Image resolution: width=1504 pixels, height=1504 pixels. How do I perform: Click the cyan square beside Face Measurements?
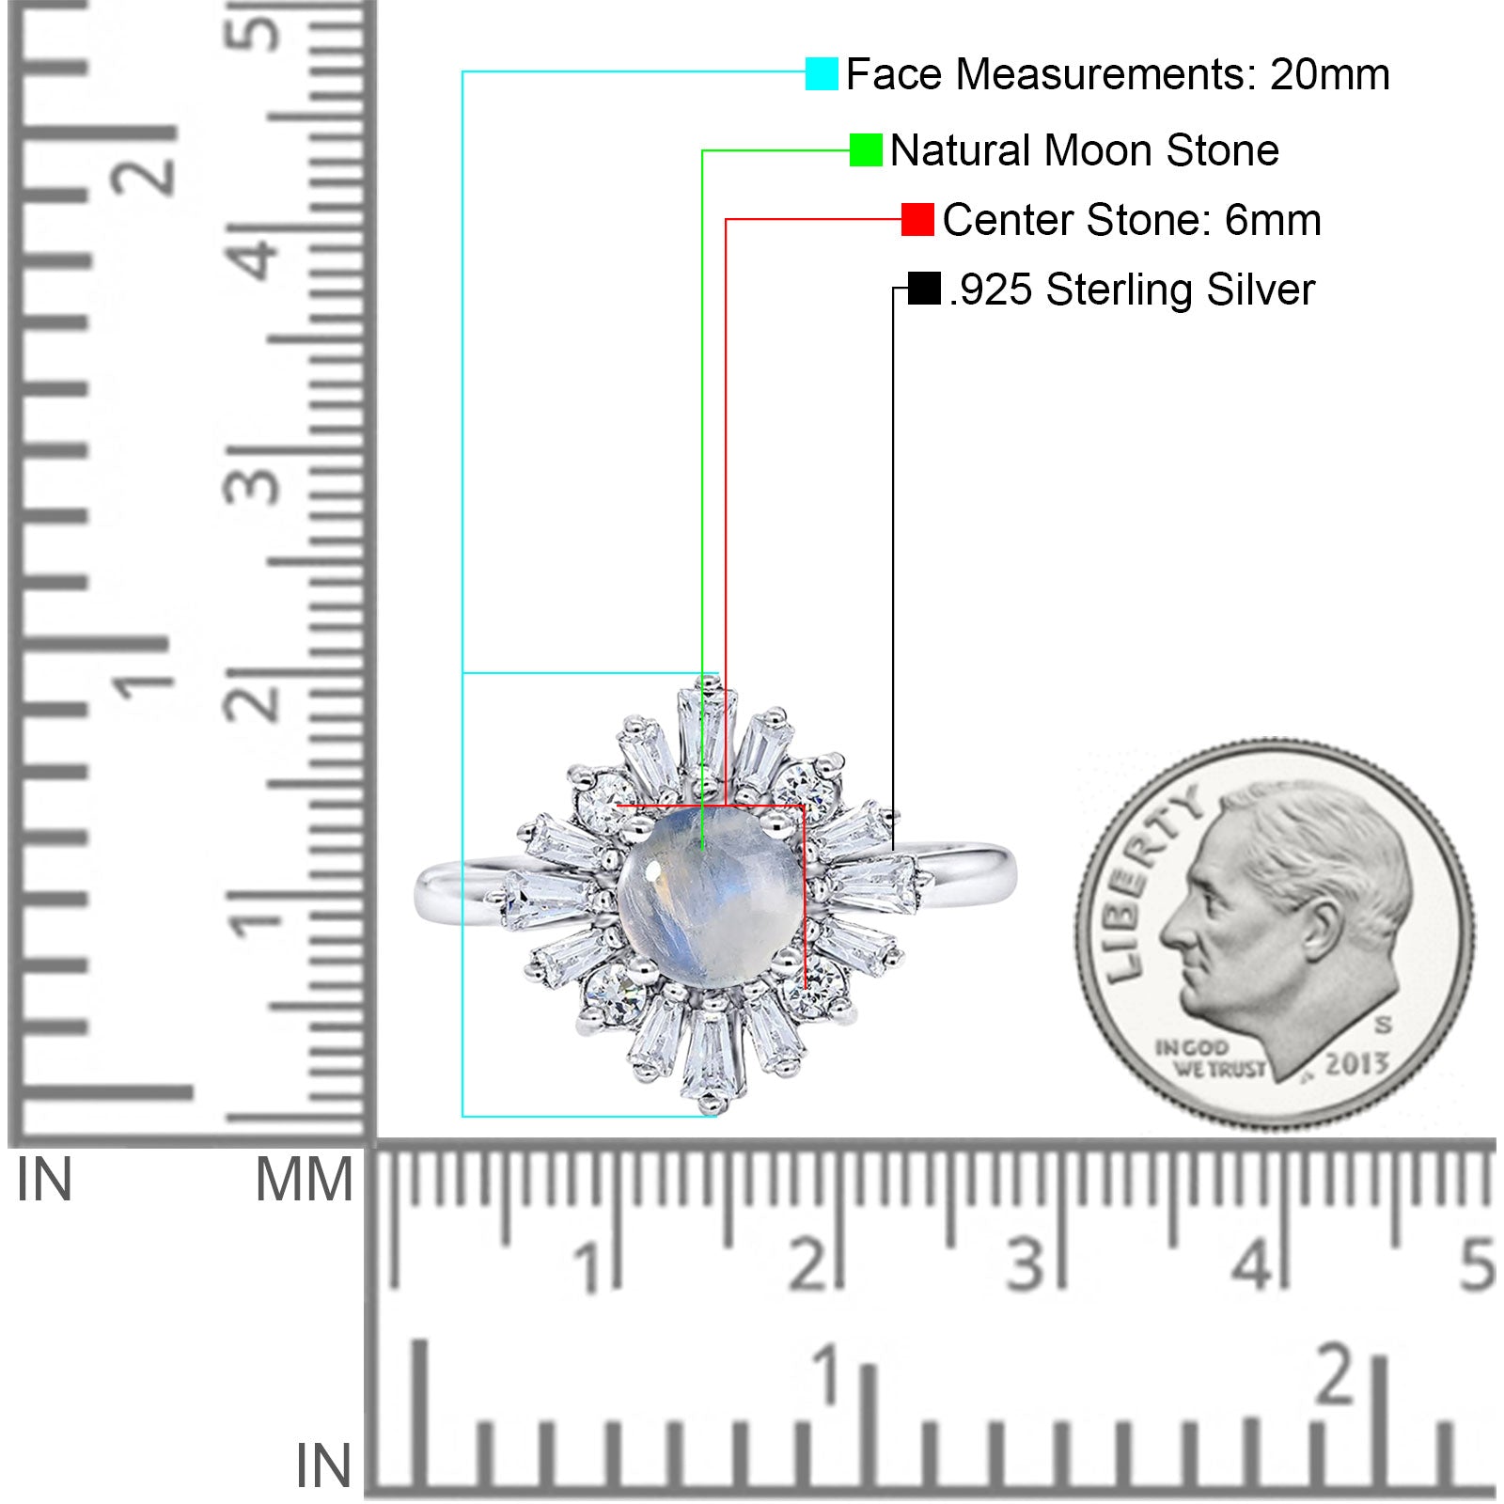822,73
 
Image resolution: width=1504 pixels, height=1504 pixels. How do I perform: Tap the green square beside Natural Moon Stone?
866,149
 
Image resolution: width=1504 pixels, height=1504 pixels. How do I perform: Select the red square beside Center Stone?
917,219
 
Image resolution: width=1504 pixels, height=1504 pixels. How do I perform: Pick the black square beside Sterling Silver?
925,289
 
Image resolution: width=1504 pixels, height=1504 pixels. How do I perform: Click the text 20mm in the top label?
1329,74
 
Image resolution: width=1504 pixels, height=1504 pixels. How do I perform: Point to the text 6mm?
1273,220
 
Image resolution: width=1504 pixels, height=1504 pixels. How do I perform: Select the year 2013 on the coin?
1356,1064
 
